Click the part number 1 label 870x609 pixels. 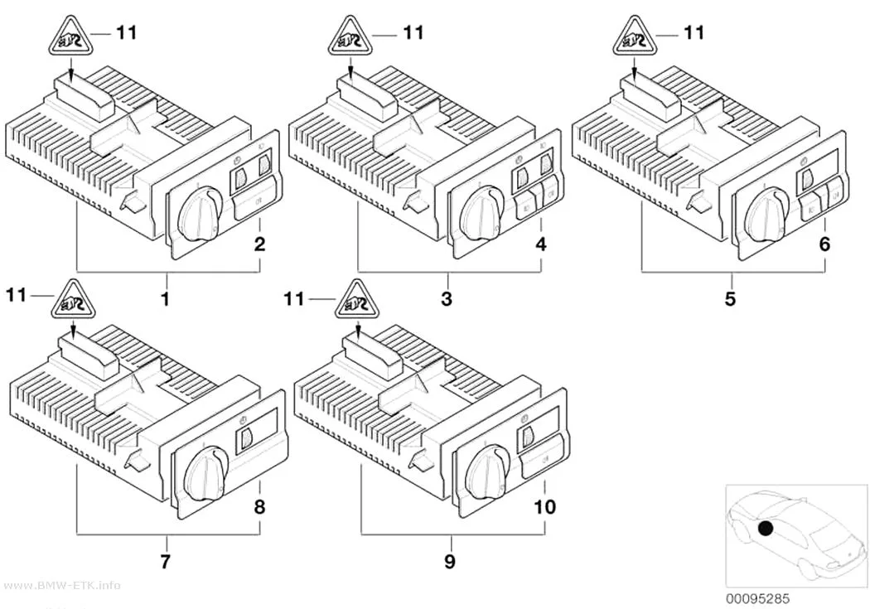(165, 299)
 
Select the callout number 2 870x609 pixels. (259, 244)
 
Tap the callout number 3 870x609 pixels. (447, 299)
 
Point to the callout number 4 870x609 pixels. (541, 244)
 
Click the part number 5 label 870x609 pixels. (730, 299)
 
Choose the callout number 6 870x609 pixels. (824, 244)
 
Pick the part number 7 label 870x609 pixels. (165, 561)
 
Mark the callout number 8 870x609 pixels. (259, 506)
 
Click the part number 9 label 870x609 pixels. (450, 561)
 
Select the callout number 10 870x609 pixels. (544, 506)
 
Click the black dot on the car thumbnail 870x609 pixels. (766, 529)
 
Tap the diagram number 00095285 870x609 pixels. (758, 599)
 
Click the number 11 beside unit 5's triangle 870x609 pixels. (693, 32)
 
